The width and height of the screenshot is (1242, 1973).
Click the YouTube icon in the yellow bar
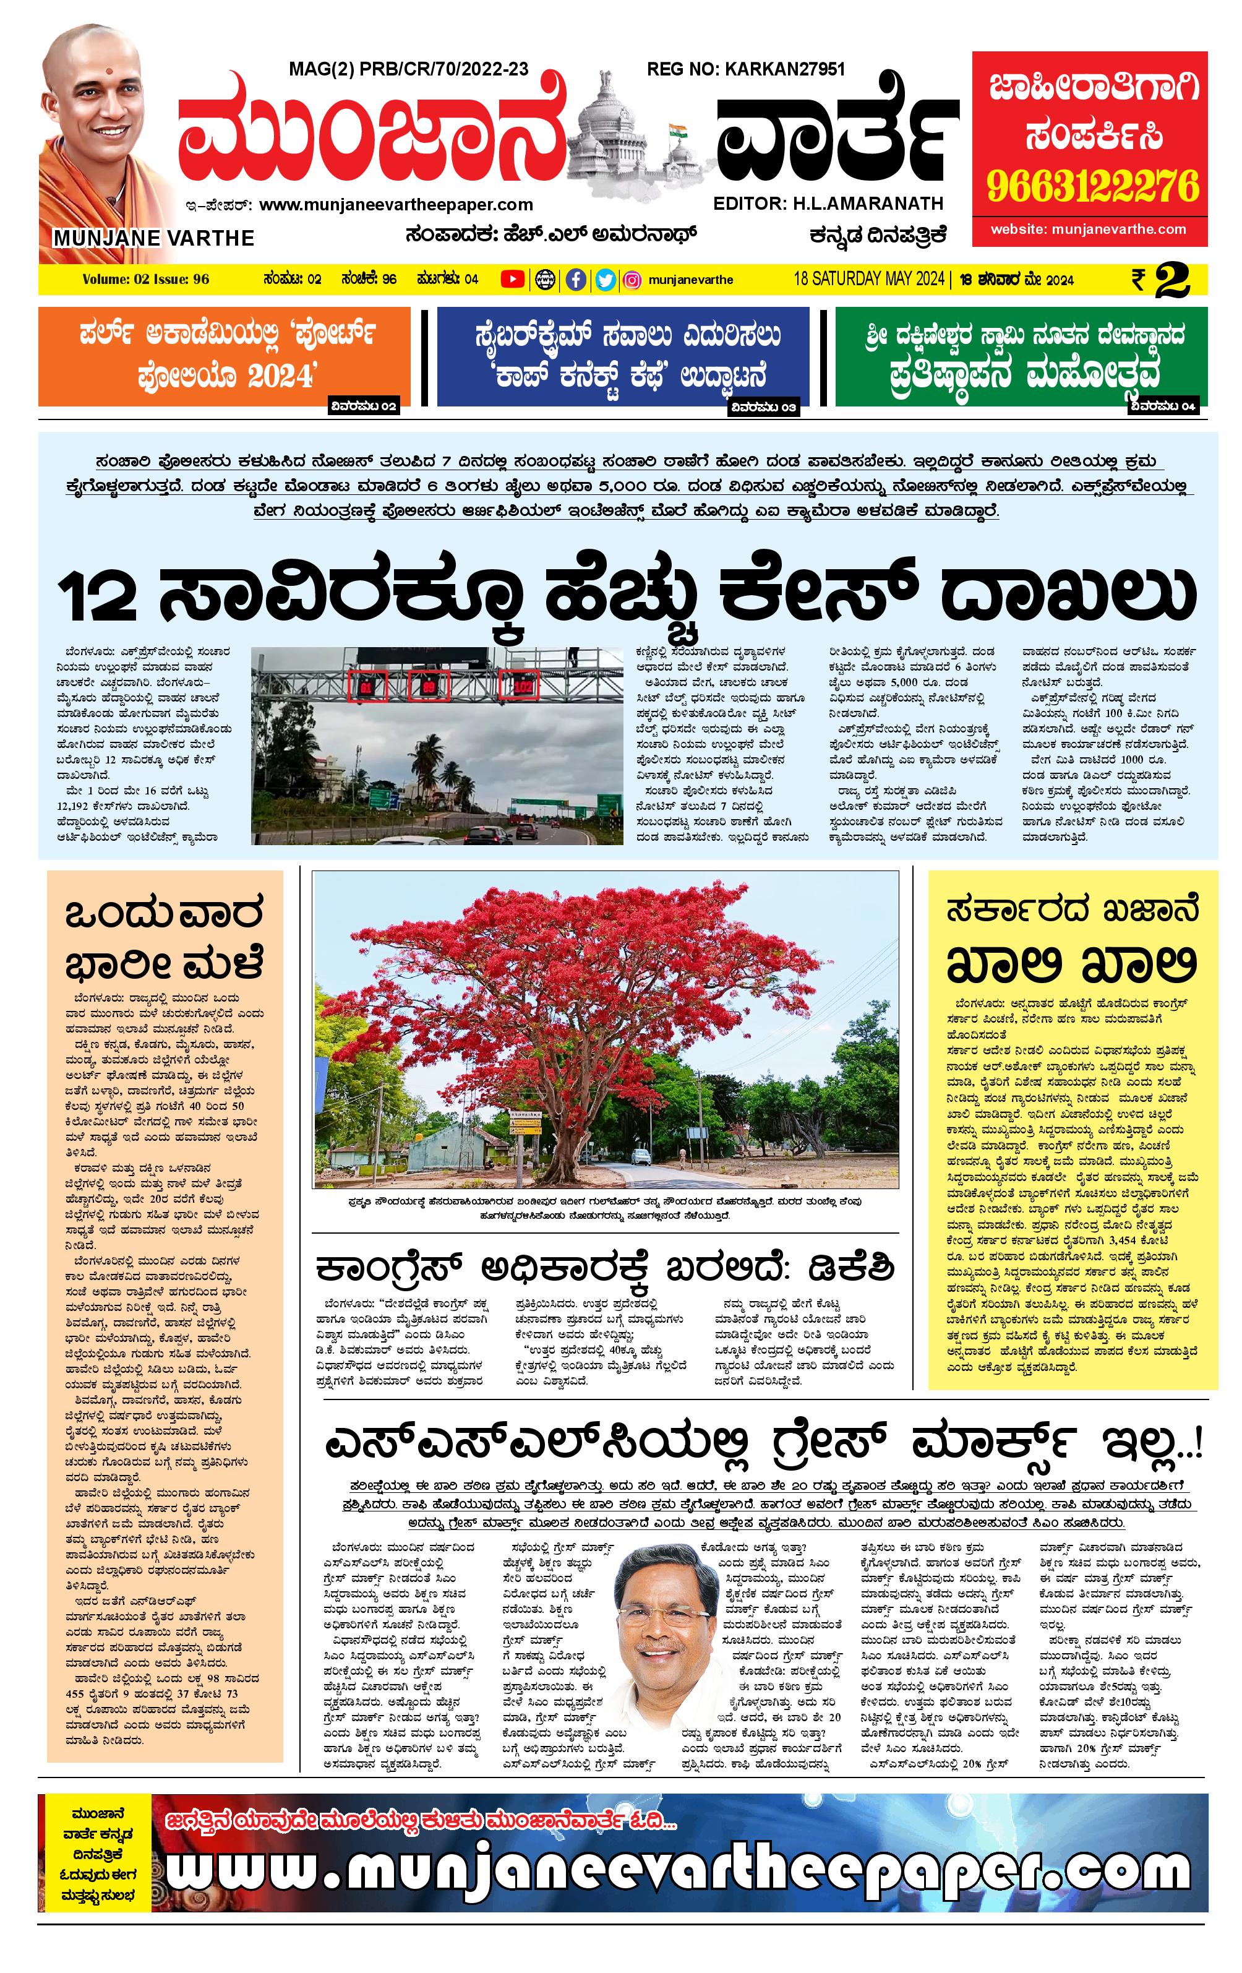point(512,280)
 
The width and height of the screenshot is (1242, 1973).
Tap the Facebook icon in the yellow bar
point(576,280)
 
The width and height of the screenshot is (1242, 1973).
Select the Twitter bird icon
point(605,280)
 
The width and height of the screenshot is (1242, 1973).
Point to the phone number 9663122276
point(1092,187)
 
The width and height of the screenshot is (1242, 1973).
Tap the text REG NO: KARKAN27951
point(745,69)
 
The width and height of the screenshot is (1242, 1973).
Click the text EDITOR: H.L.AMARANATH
point(828,203)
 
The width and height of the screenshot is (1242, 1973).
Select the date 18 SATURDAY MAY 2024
point(868,278)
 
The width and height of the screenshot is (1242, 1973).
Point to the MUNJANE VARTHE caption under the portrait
point(153,238)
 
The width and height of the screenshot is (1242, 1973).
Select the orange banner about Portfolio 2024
point(224,356)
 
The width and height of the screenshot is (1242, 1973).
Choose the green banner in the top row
point(1021,356)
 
